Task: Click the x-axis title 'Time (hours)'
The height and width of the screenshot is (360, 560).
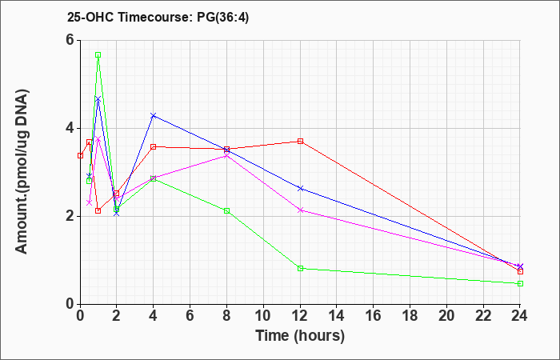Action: pos(300,335)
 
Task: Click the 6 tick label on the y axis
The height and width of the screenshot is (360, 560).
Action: pos(70,40)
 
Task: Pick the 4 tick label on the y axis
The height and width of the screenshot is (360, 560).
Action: pos(70,128)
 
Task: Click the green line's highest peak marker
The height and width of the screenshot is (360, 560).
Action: pos(98,55)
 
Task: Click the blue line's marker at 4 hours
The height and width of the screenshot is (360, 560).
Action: pos(154,115)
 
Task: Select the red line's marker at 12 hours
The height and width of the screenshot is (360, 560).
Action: pos(300,141)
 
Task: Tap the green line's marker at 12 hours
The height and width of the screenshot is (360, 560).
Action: pos(300,268)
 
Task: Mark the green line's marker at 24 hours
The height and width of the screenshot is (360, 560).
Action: pos(520,283)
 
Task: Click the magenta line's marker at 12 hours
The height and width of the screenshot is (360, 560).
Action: pos(300,210)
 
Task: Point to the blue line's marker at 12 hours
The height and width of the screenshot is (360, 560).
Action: pos(300,188)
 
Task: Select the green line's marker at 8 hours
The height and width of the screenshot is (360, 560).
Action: pos(227,210)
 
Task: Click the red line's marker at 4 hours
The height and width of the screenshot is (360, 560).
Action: pos(154,146)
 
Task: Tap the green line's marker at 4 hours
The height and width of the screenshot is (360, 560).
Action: pos(154,178)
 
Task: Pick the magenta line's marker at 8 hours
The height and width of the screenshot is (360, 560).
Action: pos(227,155)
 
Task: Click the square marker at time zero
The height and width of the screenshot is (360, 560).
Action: pos(80,155)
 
